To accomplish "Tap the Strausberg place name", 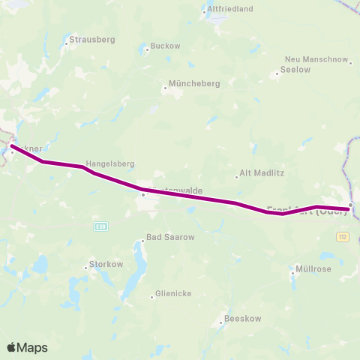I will (x=91, y=39).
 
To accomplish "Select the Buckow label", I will (x=166, y=46).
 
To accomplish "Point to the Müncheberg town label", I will (x=195, y=84).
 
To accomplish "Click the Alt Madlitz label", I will (x=259, y=172).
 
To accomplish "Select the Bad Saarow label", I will (x=170, y=237).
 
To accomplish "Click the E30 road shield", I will (x=100, y=225).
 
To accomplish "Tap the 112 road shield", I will (x=343, y=236).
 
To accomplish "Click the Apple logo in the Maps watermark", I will (x=13, y=347).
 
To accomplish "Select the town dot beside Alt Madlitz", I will (x=237, y=177).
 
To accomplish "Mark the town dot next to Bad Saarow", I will (x=142, y=241).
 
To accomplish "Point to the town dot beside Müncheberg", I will (x=166, y=88).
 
